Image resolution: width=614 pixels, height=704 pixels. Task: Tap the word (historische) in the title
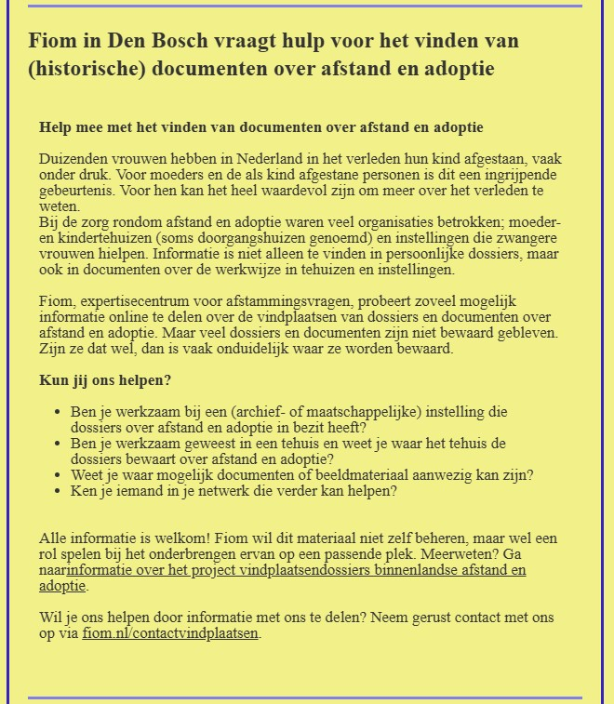87,69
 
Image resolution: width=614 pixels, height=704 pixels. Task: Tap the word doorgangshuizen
225,239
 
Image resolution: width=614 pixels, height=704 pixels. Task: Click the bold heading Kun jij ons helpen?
105,380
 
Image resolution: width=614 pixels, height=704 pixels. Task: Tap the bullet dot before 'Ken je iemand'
59,492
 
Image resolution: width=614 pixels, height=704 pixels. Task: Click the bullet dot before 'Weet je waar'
59,475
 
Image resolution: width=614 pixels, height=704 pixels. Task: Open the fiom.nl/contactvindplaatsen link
170,633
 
